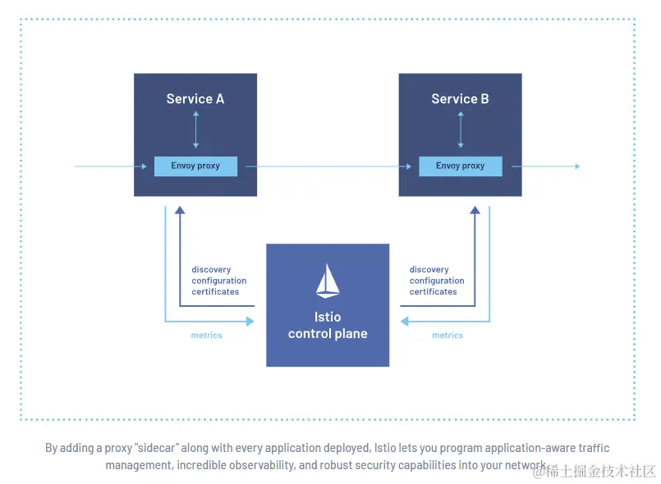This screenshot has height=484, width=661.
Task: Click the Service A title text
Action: click(195, 99)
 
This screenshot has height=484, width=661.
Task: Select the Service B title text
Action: click(460, 99)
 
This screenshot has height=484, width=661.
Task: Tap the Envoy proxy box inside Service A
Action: click(195, 166)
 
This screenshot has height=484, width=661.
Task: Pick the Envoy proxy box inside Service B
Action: click(460, 166)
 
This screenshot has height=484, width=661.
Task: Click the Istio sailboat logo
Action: click(328, 281)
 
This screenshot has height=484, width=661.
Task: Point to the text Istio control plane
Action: click(328, 326)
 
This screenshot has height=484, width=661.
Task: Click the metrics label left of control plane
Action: click(206, 336)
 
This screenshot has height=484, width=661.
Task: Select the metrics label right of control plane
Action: click(448, 336)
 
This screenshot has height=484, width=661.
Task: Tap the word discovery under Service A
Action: click(211, 270)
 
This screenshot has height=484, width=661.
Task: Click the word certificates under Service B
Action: click(434, 292)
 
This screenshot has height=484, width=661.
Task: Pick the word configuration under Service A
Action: click(219, 281)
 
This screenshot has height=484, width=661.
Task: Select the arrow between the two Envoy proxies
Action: click(328, 167)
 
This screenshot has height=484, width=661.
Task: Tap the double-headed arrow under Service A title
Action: click(195, 129)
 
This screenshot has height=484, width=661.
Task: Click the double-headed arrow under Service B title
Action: click(460, 129)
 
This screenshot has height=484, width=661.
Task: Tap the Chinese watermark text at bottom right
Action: click(601, 471)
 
